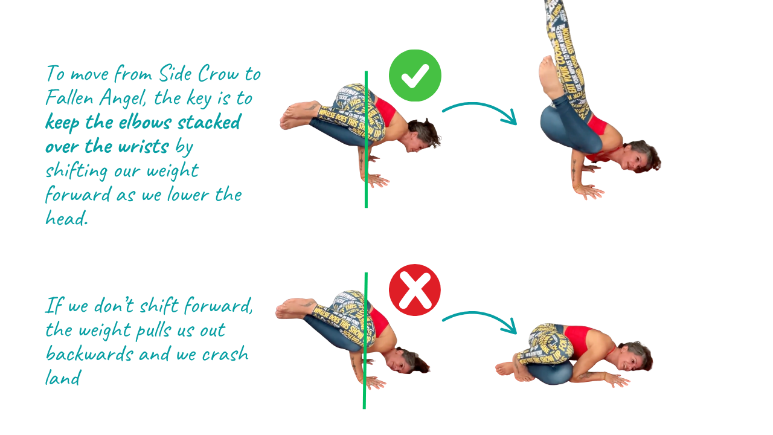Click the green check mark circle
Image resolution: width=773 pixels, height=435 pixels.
pos(415,76)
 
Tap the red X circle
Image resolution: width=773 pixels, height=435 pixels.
pos(415,290)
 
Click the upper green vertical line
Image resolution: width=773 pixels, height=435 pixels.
pos(366,140)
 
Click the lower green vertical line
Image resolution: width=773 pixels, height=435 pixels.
pos(365,341)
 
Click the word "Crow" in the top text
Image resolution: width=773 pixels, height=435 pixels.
pos(219,74)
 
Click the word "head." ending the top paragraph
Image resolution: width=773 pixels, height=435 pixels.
pos(66,218)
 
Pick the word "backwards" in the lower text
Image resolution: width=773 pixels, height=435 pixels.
pos(89,353)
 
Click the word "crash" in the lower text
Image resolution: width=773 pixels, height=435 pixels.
pos(225,354)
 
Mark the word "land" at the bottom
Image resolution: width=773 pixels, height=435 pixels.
pos(63,378)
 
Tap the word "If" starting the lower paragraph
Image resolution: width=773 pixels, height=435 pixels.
pos(54,306)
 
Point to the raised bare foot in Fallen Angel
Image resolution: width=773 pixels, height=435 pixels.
pos(550,77)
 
